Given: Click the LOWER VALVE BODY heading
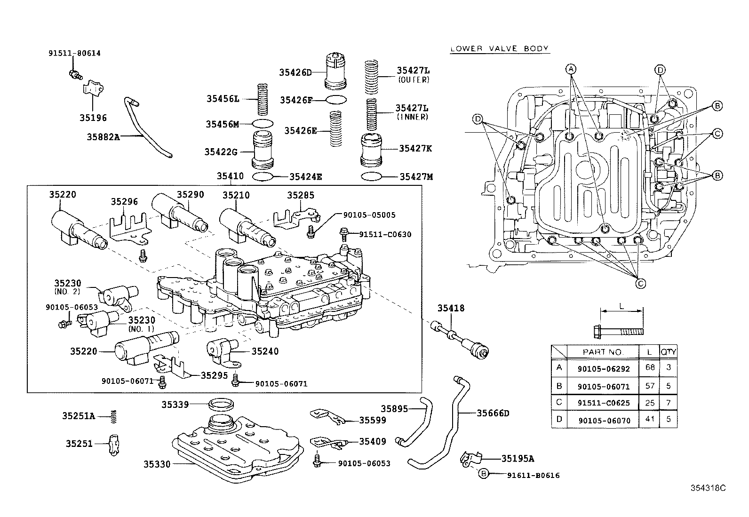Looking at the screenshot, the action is point(500,49).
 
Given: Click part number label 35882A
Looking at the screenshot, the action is point(103,137).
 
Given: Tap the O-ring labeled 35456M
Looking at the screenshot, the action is point(263,124).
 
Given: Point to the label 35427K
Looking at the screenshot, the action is point(415,149).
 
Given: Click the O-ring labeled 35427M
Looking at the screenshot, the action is point(372,176).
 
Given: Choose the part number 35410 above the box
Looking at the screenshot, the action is point(230,176).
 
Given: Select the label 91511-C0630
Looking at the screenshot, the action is point(385,234).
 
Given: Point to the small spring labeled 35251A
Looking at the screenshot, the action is point(114,417).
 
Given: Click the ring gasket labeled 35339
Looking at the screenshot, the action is point(221,404).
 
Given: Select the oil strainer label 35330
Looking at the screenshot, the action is point(157,464).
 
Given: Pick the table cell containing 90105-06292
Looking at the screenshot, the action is point(603,368).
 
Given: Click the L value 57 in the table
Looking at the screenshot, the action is point(649,386).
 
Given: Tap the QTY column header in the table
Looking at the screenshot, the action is point(668,352).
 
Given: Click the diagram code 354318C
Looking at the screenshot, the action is point(708,488).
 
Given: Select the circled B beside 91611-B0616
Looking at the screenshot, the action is point(484,474).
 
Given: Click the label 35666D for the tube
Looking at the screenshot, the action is point(493,414).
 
